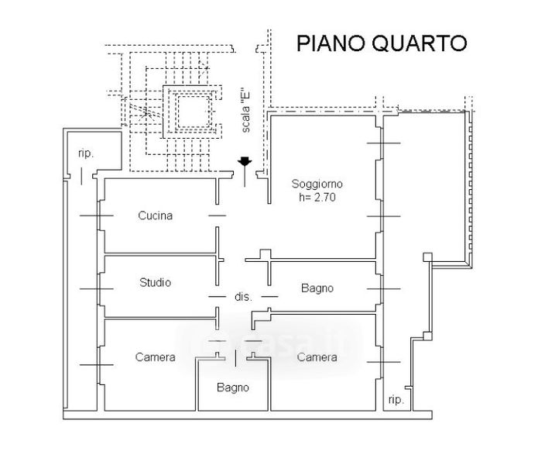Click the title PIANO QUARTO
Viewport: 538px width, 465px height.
(382, 43)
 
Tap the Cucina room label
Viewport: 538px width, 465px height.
(155, 215)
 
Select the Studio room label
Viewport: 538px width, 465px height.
(155, 283)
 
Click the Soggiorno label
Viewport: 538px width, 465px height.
(317, 184)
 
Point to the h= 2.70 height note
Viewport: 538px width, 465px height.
(317, 198)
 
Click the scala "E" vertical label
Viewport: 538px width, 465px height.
(245, 112)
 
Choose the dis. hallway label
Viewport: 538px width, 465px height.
(243, 297)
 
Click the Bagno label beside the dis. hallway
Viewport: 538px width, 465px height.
(317, 288)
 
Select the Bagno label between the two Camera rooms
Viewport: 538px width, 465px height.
(233, 387)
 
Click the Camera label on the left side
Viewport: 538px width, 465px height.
(155, 357)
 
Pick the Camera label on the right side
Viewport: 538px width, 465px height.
(317, 357)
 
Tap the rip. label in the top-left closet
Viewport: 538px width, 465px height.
(86, 153)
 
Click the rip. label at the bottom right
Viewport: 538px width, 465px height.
(396, 400)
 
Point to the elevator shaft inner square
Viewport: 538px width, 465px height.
(193, 112)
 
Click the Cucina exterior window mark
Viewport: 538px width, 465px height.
(97, 215)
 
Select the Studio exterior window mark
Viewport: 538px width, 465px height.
(97, 289)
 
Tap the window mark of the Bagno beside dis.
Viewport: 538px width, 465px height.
(384, 289)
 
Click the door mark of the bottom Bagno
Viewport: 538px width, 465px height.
(235, 358)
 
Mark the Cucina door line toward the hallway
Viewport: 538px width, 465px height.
(218, 215)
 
